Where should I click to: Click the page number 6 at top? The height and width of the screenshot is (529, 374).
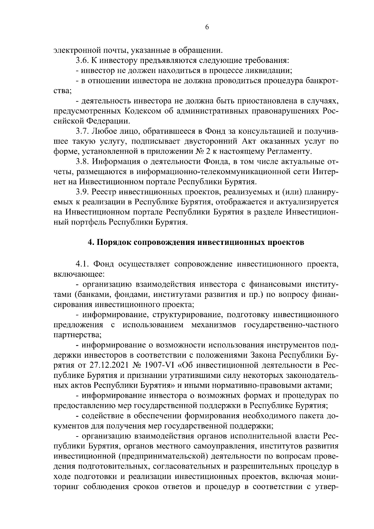point(207,27)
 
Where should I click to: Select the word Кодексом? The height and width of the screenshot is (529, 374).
point(142,111)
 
